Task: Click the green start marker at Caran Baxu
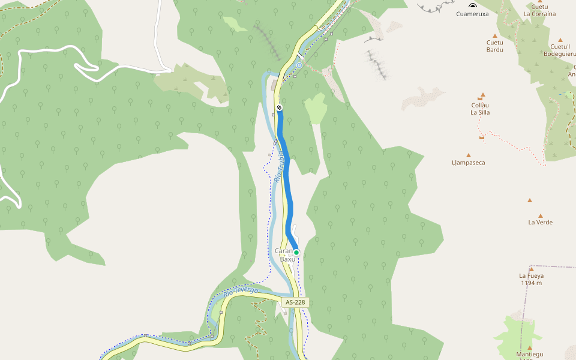coord(296,253)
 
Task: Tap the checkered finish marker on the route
coord(279,108)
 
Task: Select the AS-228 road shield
coord(296,302)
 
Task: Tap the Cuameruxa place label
coord(472,13)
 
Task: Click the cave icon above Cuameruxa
coord(473,5)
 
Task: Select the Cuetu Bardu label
coord(495,46)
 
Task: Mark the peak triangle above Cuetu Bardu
coord(495,35)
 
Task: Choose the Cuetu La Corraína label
coord(539,10)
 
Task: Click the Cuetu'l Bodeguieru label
coord(560,50)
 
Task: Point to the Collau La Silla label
coord(481,108)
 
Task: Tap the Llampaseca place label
coord(469,163)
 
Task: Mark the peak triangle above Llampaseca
coord(469,155)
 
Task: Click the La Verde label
coord(540,223)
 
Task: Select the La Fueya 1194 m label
coord(531,279)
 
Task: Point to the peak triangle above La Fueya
coord(531,268)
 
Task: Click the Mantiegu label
coord(529,355)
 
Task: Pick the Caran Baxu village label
coord(284,254)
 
